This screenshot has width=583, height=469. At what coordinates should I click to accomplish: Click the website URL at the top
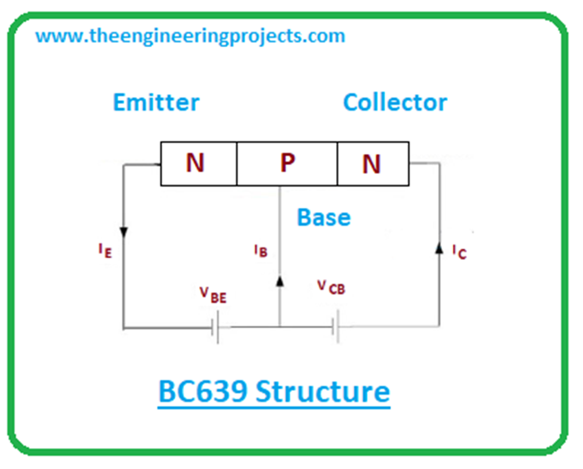190,36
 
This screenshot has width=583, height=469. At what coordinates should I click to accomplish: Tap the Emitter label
156,102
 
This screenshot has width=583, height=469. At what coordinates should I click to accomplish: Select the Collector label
395,102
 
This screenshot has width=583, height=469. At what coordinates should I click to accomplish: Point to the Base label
323,217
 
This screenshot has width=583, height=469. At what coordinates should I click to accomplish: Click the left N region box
198,164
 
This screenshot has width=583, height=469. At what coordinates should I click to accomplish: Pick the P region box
287,164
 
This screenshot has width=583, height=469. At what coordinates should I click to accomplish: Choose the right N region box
372,164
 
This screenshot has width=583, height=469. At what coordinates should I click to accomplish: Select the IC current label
459,251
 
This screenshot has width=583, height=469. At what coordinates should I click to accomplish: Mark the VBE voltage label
212,294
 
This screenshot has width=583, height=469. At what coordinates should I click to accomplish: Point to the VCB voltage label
331,287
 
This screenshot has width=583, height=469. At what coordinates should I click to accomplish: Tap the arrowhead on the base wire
280,280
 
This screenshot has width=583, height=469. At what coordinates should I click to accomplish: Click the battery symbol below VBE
216,328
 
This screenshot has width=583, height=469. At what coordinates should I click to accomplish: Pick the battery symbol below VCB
336,327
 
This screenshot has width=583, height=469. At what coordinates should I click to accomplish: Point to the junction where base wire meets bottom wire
280,327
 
